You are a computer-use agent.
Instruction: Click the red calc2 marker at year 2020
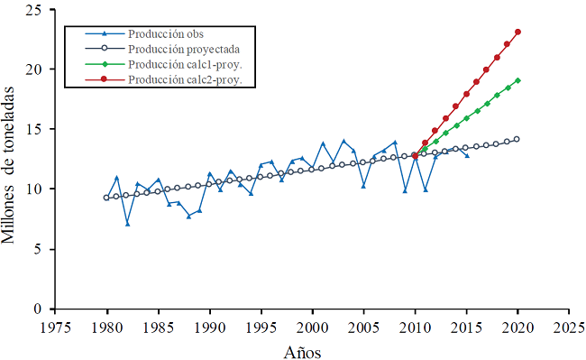click(x=517, y=32)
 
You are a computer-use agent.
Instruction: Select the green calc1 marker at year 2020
click(x=517, y=80)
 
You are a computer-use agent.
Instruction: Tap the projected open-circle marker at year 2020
click(x=517, y=139)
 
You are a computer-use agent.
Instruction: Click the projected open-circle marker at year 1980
click(x=107, y=198)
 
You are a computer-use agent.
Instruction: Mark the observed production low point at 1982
click(x=128, y=224)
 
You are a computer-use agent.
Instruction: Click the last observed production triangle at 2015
click(x=466, y=155)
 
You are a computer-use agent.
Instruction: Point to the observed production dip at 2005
click(x=363, y=186)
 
